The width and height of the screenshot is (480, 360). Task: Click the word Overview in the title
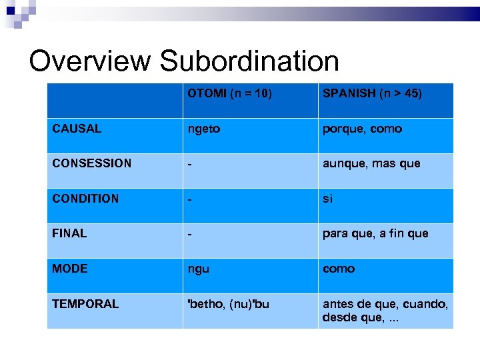point(90,61)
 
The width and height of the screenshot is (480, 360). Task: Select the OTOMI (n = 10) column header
point(229,93)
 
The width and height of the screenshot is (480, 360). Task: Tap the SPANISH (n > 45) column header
point(372,93)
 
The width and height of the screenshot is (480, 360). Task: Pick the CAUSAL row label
point(77,129)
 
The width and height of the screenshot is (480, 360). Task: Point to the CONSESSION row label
point(92,163)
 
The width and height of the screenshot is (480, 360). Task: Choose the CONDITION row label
point(85,199)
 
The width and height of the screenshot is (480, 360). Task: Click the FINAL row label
point(69,233)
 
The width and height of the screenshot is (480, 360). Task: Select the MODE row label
point(70,269)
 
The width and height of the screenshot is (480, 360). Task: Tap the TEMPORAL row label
point(85,304)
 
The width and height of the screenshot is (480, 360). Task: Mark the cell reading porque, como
point(362,129)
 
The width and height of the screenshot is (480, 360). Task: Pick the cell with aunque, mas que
point(371,163)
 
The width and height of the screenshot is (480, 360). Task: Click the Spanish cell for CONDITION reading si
point(327,199)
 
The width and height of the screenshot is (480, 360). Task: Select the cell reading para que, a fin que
point(375,233)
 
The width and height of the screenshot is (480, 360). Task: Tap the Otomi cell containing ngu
point(199,269)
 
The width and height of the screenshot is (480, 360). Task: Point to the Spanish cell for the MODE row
point(339,269)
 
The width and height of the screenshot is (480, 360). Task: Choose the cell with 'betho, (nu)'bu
point(229,304)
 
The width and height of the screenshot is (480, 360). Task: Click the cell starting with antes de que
point(385,311)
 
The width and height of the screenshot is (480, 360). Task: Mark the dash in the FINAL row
point(191,234)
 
